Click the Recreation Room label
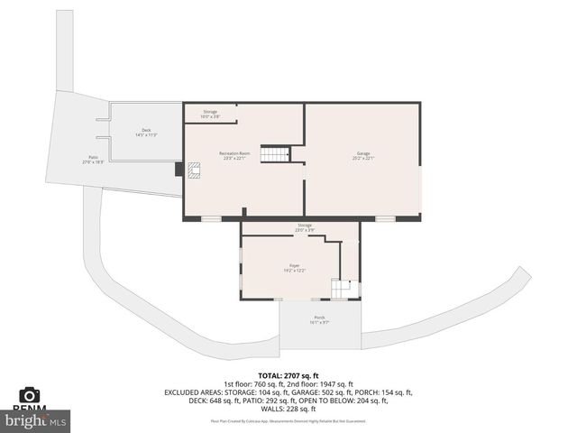(234, 153)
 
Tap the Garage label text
(363, 153)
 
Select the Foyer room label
(295, 265)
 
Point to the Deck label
(146, 130)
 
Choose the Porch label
(319, 317)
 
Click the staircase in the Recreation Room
(274, 154)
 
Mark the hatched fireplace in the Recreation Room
(193, 170)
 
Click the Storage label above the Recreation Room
(209, 112)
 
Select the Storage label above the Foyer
(305, 225)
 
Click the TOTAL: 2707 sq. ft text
(288, 375)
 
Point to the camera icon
(30, 395)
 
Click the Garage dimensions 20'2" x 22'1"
(363, 159)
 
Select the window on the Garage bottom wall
(385, 218)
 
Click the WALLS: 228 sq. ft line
(288, 408)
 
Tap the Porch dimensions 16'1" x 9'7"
(319, 322)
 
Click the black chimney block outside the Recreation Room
(179, 169)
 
